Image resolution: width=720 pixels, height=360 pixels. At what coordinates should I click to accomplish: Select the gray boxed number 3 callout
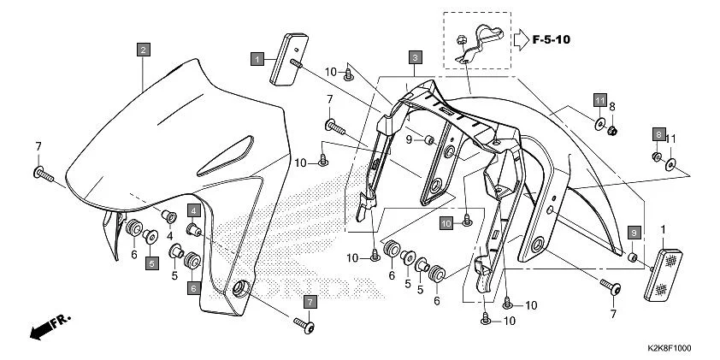click(414, 58)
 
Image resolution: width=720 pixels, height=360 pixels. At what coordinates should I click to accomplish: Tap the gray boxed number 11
click(600, 101)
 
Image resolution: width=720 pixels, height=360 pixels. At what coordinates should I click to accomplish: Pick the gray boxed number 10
click(446, 223)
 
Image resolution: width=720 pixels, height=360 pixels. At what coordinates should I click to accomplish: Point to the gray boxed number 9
click(634, 233)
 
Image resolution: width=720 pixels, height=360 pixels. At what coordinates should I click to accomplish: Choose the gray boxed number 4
click(194, 210)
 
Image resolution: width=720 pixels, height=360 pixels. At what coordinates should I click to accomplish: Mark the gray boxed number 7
click(310, 301)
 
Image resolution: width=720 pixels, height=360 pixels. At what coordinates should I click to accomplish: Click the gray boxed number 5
click(150, 263)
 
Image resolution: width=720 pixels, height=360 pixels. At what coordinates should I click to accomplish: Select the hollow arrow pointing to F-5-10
click(522, 38)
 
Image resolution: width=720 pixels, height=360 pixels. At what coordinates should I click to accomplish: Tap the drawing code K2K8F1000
click(670, 349)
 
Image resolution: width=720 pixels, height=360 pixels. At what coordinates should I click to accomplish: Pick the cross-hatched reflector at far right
click(664, 273)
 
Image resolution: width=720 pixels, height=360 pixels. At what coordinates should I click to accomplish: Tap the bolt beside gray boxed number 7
click(304, 324)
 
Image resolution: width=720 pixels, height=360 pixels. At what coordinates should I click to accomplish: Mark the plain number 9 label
click(410, 139)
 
